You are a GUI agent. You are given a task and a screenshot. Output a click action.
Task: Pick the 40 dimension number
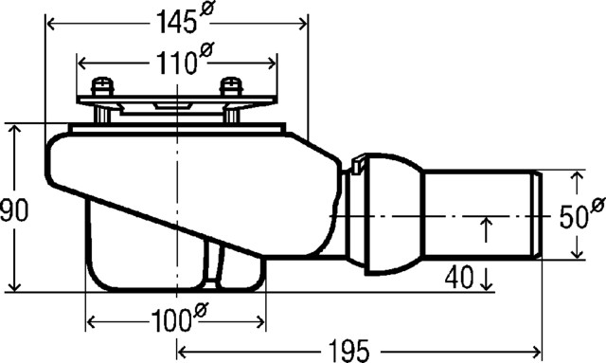click(x=459, y=278)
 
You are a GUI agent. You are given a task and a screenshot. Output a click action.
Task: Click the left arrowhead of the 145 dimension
click(x=50, y=22)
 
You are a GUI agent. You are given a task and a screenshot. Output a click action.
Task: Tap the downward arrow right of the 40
click(x=486, y=281)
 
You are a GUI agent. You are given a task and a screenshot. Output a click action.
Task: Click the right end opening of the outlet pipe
click(x=539, y=215)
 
